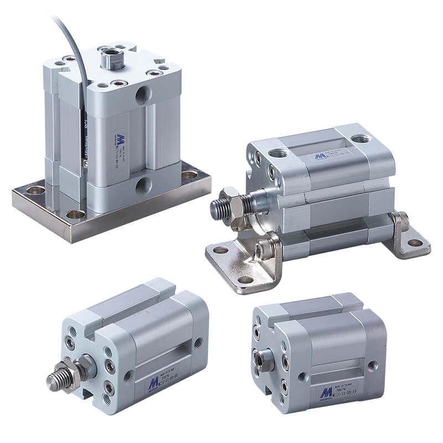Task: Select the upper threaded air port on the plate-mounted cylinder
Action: tap(142, 95)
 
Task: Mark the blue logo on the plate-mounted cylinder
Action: tap(120, 138)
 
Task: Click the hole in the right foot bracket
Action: tap(414, 243)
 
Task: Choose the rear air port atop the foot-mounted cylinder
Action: tap(360, 138)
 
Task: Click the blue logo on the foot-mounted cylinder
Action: tap(320, 156)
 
